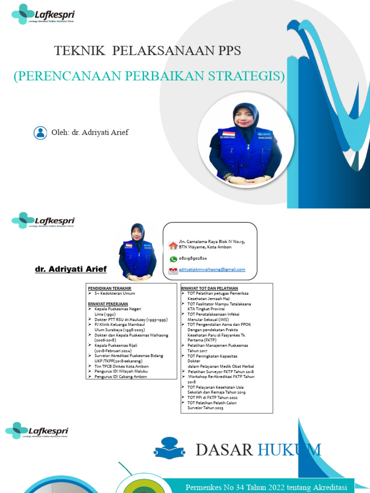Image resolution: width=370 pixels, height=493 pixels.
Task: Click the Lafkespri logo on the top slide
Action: coord(43,14)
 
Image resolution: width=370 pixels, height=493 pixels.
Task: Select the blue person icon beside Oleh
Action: coord(40,132)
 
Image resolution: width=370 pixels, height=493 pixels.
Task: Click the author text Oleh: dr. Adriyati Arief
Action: coord(90,132)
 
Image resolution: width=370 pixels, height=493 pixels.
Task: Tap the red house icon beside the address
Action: coord(173,245)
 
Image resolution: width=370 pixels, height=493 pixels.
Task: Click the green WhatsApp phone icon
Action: coord(173,259)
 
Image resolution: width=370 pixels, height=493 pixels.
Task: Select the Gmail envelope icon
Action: coord(173,271)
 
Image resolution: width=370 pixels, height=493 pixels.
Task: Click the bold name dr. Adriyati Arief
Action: coord(71,269)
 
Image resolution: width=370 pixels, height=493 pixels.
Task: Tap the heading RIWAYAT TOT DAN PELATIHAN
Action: coord(210,287)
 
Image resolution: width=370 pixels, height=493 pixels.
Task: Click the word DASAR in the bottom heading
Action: coord(224,450)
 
